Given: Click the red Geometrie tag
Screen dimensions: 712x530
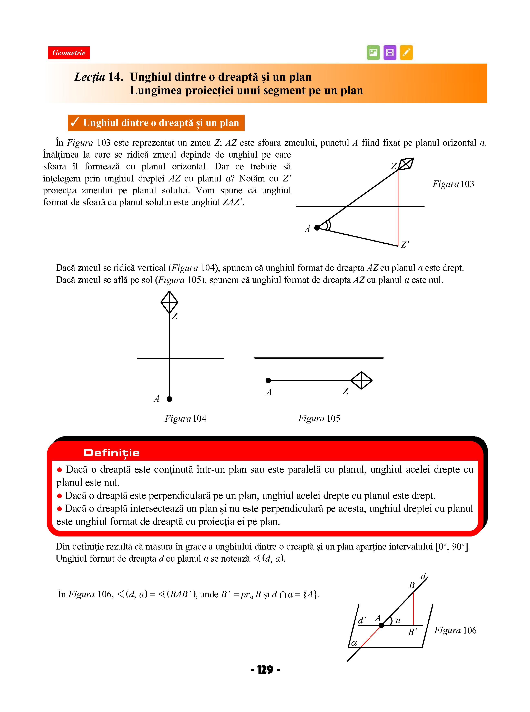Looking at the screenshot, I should pyautogui.click(x=69, y=53).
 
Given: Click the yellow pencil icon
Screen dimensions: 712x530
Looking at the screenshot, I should pyautogui.click(x=406, y=52).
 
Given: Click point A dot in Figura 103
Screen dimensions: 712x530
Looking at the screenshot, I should pyautogui.click(x=317, y=228).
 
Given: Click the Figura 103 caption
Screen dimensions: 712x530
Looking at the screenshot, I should pyautogui.click(x=453, y=184).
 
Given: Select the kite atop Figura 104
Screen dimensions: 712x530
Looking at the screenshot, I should pyautogui.click(x=169, y=302).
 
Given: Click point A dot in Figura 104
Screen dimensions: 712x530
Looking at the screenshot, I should pyautogui.click(x=169, y=399).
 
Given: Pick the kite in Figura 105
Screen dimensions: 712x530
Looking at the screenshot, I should pyautogui.click(x=361, y=380).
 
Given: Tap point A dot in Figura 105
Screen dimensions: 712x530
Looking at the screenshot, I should pyautogui.click(x=268, y=380).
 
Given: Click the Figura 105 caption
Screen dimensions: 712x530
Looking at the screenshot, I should pyautogui.click(x=319, y=418).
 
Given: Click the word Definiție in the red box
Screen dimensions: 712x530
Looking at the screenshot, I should pyautogui.click(x=111, y=453).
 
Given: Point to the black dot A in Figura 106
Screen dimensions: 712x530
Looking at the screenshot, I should pyautogui.click(x=381, y=625).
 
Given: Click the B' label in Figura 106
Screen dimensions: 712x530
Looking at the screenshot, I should pyautogui.click(x=412, y=632).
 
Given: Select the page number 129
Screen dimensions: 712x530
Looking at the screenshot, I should pyautogui.click(x=265, y=670).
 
